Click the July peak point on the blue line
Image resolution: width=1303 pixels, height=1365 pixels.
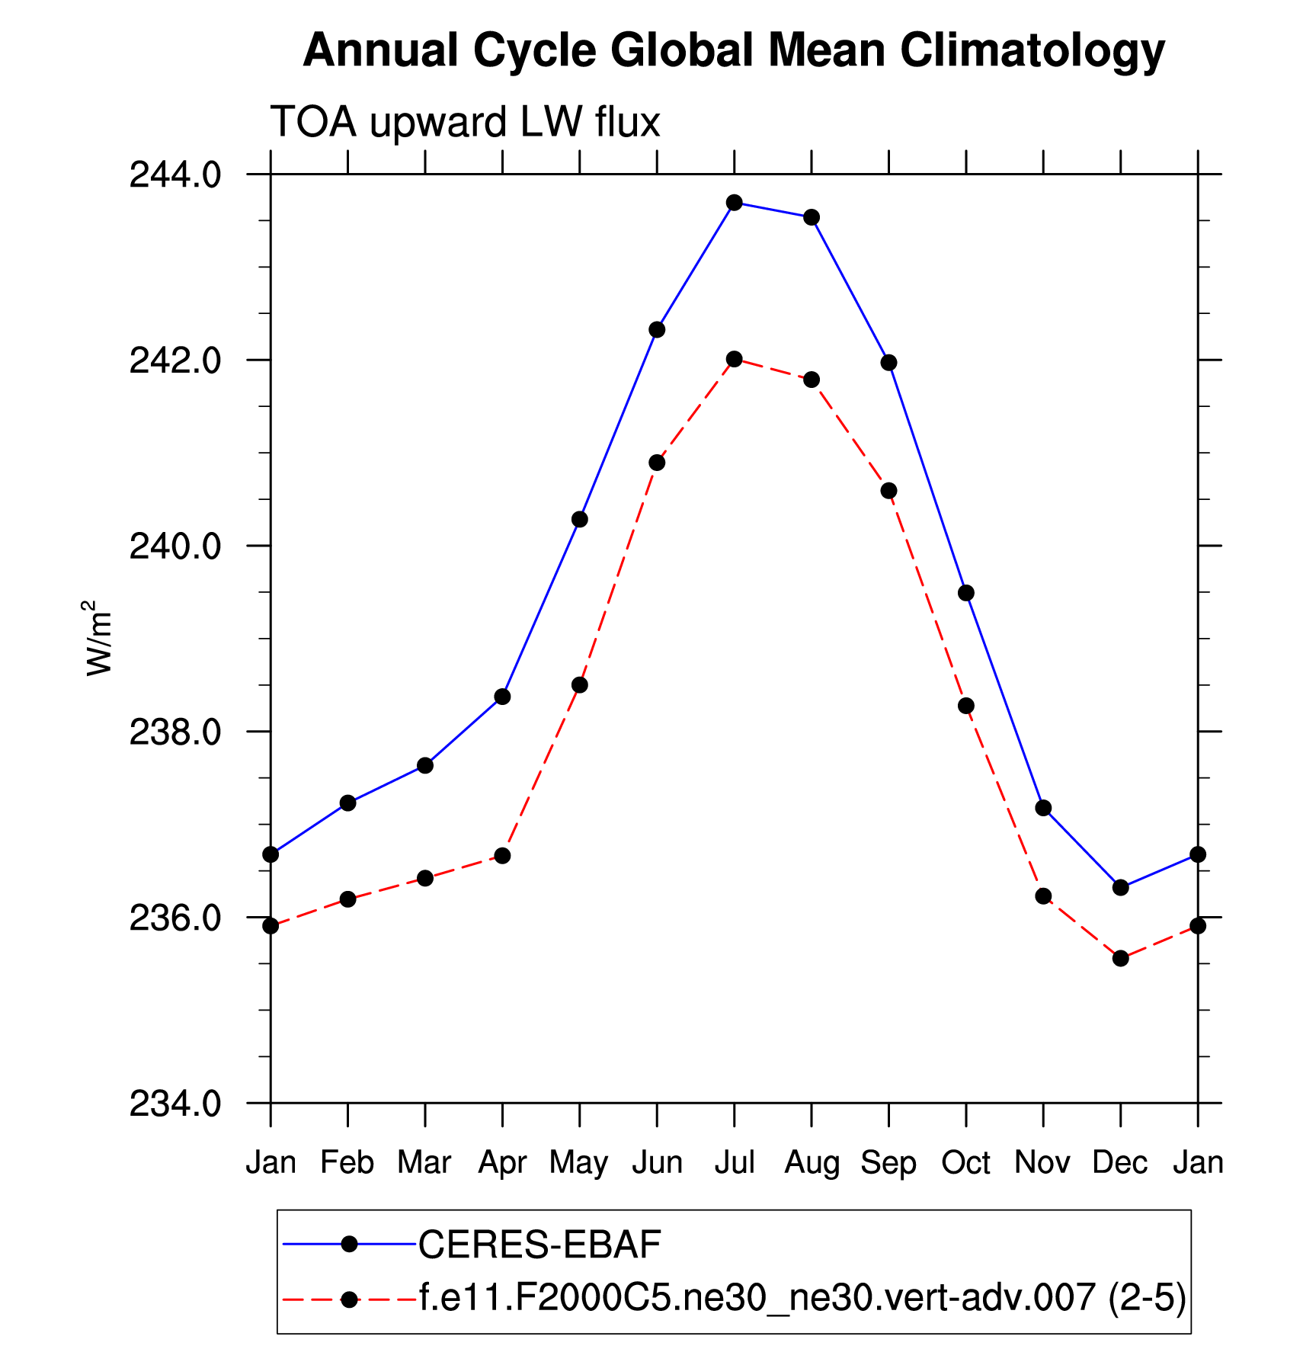(x=734, y=203)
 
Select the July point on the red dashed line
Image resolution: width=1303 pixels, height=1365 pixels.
(x=734, y=359)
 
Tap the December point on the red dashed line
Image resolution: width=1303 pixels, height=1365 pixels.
(x=1120, y=958)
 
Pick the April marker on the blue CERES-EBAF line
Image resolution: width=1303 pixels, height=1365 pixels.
(x=502, y=697)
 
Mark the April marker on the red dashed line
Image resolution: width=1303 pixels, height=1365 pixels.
(x=502, y=856)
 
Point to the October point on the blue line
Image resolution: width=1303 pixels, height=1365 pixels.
(x=965, y=593)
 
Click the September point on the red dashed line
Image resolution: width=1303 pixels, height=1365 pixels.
(x=888, y=491)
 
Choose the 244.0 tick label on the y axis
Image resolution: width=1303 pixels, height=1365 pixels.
(x=175, y=175)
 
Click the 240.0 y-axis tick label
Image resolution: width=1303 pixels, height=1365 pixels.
(x=175, y=547)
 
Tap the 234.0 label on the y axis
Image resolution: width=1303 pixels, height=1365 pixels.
(x=175, y=1104)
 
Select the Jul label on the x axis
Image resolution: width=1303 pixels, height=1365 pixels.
(x=734, y=1163)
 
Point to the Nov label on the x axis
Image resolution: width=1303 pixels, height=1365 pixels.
(x=1042, y=1163)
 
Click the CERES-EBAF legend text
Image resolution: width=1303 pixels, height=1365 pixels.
(x=539, y=1245)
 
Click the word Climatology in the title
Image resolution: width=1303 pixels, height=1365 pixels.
(x=1032, y=52)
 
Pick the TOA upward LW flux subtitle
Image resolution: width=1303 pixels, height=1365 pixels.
(x=465, y=123)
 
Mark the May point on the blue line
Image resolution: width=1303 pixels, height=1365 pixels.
(x=580, y=520)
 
